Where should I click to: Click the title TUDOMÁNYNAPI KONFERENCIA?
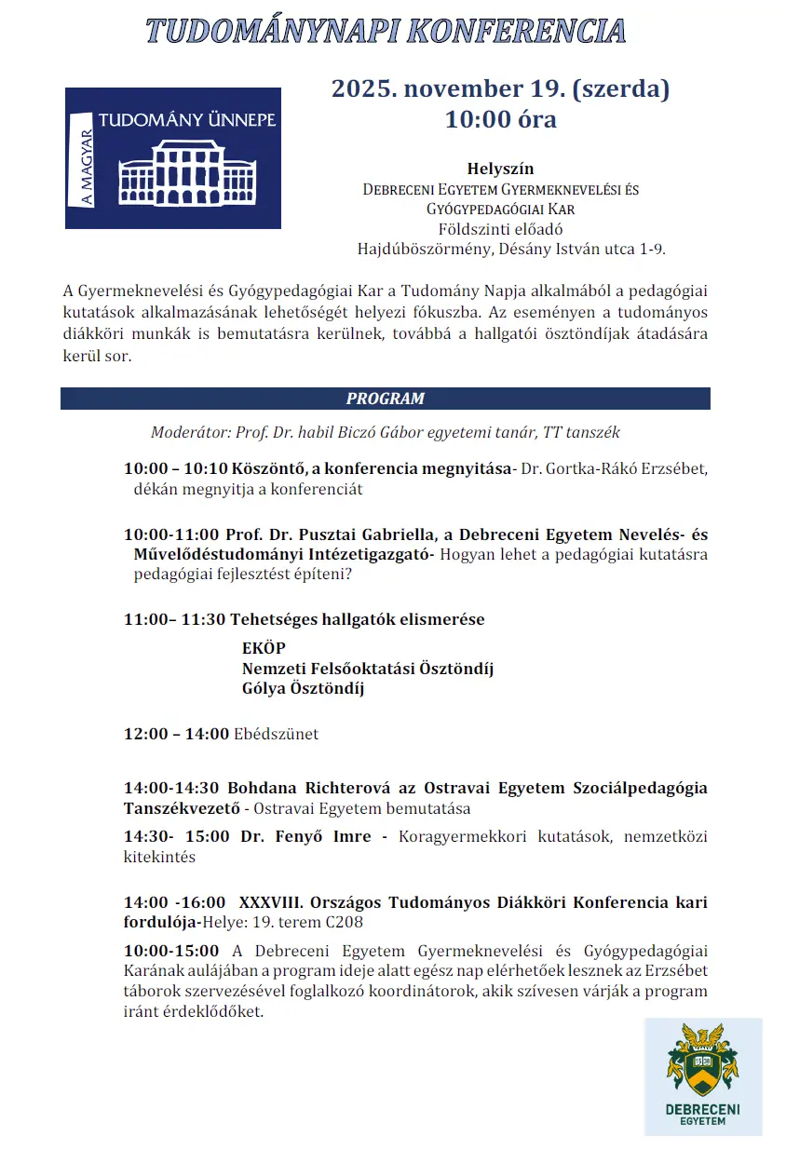[386, 31]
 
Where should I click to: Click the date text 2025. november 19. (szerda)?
[500, 89]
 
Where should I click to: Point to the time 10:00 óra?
[500, 119]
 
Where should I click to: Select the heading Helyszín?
[500, 169]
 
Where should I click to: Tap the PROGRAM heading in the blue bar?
[385, 399]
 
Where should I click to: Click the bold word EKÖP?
[264, 648]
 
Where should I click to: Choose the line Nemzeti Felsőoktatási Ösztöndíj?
[367, 669]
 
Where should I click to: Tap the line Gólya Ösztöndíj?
[303, 689]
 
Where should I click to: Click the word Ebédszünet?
[276, 734]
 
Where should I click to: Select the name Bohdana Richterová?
[295, 788]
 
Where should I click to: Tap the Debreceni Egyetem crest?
[702, 1061]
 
